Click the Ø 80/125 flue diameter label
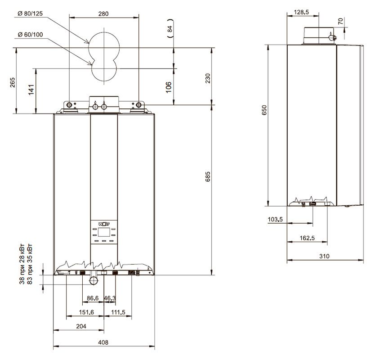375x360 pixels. (30, 13)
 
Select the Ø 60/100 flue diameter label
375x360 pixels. (30, 35)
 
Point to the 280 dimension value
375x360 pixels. (103, 14)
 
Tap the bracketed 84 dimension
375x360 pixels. (170, 29)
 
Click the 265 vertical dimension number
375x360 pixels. (13, 82)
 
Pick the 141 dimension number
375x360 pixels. (31, 90)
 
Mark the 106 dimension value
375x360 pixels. (169, 87)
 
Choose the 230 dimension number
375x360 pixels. (208, 78)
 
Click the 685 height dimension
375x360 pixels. (208, 176)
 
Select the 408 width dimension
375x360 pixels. (103, 342)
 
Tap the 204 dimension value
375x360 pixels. (81, 326)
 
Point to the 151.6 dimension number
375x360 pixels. (86, 312)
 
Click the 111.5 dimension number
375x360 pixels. (118, 312)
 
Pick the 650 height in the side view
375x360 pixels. (264, 110)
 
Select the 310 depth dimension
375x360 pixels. (324, 256)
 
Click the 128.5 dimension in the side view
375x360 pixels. (301, 12)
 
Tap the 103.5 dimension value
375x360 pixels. (275, 219)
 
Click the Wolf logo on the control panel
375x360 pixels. (104, 224)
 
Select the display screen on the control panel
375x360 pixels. (104, 232)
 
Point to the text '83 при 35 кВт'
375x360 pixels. (30, 264)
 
